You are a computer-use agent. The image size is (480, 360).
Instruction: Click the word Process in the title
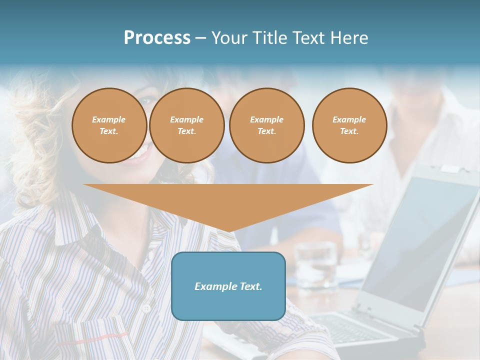click(x=157, y=38)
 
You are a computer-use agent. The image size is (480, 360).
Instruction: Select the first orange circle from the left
click(x=109, y=125)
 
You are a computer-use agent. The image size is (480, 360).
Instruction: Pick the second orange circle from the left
click(x=186, y=125)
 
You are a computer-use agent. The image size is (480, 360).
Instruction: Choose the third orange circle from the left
click(x=266, y=125)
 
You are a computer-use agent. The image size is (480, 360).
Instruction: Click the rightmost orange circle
click(x=349, y=125)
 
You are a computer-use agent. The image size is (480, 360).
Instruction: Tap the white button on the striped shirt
click(x=146, y=309)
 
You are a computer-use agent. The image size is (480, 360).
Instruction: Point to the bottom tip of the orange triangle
click(x=228, y=231)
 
